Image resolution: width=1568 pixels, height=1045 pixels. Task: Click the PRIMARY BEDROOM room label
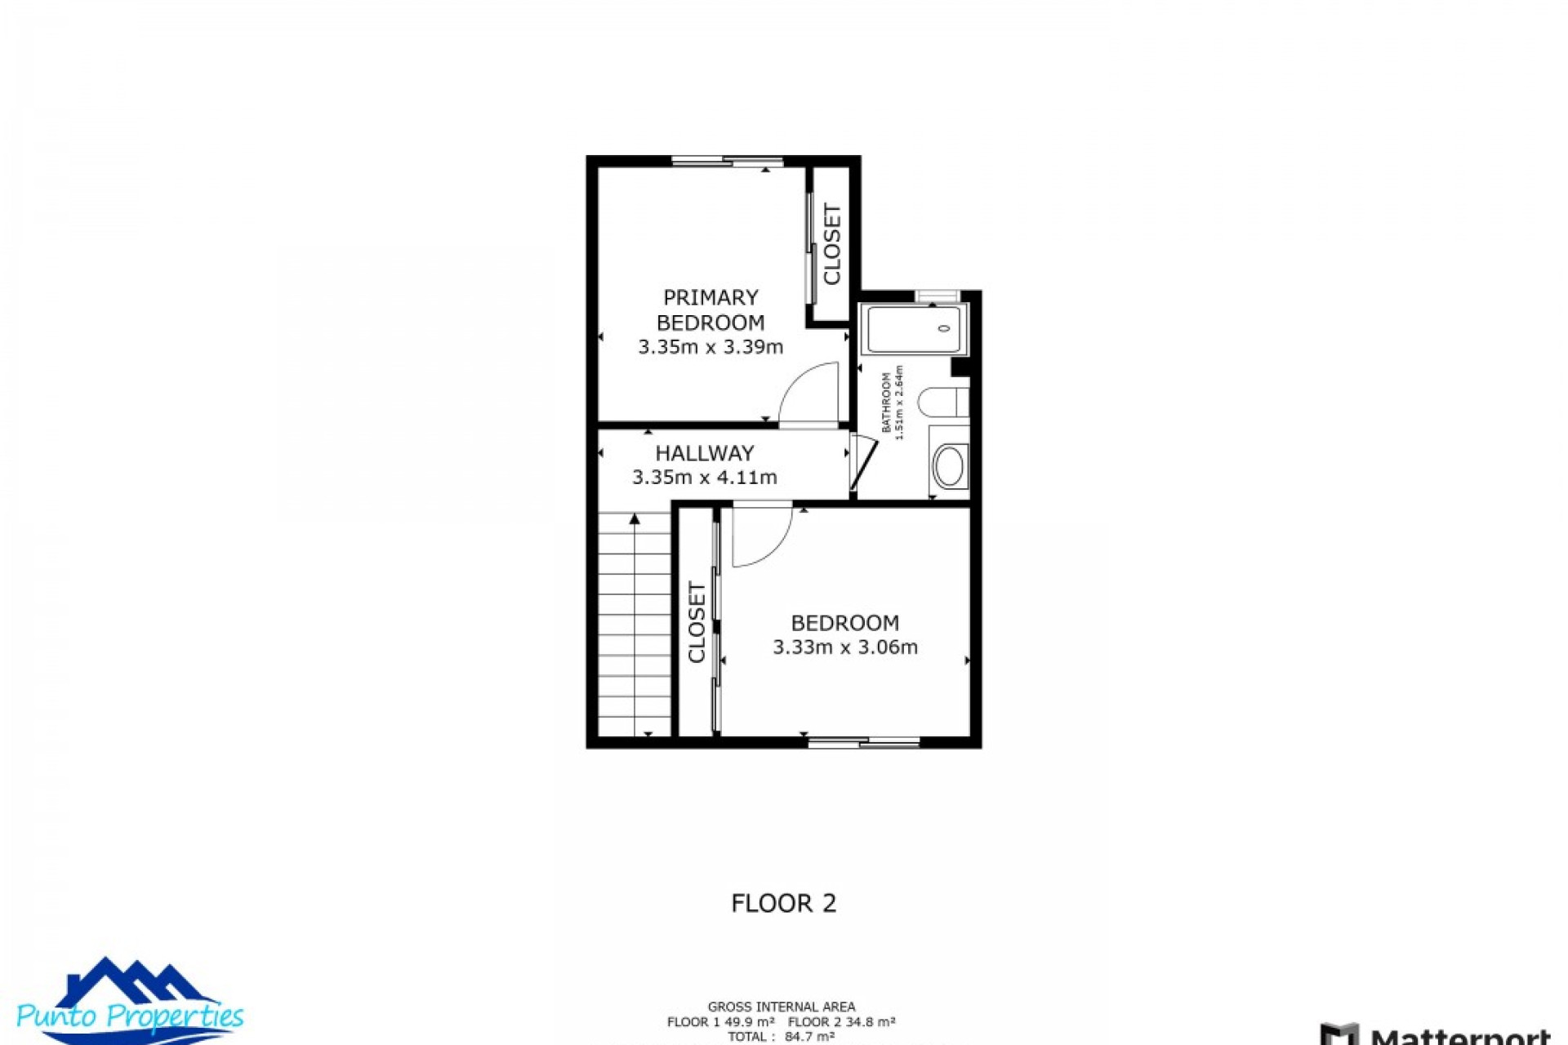click(710, 309)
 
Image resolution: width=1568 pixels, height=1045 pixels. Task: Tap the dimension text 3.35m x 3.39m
click(710, 347)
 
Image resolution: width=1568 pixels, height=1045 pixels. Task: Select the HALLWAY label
click(704, 453)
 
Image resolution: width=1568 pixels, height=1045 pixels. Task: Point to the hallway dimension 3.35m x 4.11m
click(704, 478)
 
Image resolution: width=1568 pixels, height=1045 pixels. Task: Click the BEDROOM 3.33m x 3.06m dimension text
click(845, 647)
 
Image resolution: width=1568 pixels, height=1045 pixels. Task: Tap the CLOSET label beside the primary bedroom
click(832, 244)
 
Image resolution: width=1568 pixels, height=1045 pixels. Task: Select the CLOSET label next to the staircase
click(697, 622)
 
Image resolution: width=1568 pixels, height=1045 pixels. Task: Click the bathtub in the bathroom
click(914, 329)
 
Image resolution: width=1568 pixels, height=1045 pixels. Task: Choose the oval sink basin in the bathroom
click(949, 466)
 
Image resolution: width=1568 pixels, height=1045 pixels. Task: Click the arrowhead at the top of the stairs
click(635, 519)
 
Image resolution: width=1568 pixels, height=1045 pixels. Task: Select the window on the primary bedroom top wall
click(727, 162)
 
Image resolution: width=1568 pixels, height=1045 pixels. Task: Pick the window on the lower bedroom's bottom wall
click(864, 741)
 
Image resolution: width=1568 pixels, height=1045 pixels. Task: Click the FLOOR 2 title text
click(783, 903)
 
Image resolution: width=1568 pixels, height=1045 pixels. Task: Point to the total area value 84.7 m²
click(809, 1037)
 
